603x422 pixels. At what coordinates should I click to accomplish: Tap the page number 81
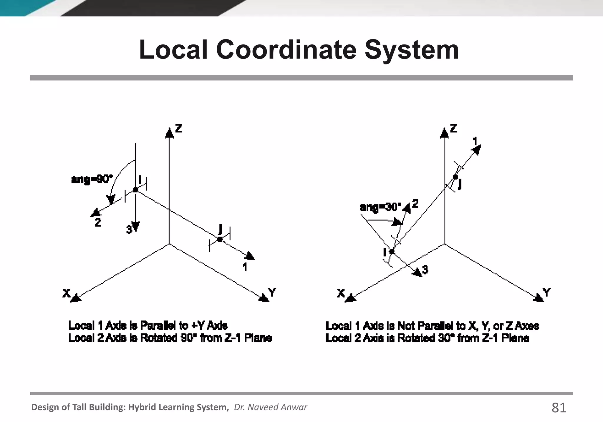pyautogui.click(x=559, y=408)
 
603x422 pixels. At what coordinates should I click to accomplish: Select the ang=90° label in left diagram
pyautogui.click(x=92, y=179)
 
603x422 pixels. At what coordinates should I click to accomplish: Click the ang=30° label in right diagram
pyautogui.click(x=381, y=207)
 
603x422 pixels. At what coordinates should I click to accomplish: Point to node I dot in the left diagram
pyautogui.click(x=135, y=190)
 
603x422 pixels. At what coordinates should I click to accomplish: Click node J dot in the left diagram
pyautogui.click(x=220, y=239)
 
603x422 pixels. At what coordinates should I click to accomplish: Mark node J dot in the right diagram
pyautogui.click(x=455, y=177)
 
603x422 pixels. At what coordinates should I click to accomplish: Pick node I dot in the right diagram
pyautogui.click(x=392, y=252)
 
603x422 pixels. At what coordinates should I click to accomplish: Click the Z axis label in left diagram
pyautogui.click(x=179, y=128)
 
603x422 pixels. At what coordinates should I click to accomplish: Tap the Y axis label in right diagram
pyautogui.click(x=546, y=293)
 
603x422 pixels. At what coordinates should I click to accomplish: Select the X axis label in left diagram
pyautogui.click(x=67, y=293)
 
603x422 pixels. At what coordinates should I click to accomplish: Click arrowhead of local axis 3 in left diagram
pyautogui.click(x=135, y=227)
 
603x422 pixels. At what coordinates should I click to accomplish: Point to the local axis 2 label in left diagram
pyautogui.click(x=98, y=222)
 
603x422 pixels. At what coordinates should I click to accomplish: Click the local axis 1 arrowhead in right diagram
pyautogui.click(x=476, y=149)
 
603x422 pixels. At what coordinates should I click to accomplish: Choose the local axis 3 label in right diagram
pyautogui.click(x=425, y=269)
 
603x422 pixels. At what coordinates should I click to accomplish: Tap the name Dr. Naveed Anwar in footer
pyautogui.click(x=270, y=407)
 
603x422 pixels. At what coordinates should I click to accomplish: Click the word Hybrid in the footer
pyautogui.click(x=143, y=407)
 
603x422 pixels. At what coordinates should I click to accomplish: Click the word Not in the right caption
pyautogui.click(x=406, y=326)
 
